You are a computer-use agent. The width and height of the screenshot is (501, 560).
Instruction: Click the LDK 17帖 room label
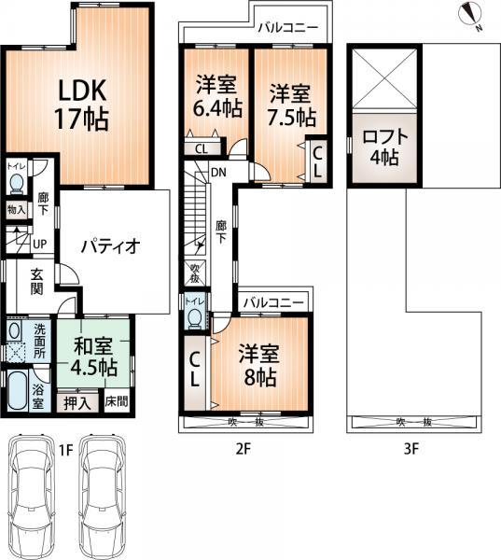[x=83, y=105]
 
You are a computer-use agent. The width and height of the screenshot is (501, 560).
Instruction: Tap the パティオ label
[x=109, y=246]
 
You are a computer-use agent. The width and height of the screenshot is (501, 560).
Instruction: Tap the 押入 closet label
[x=77, y=403]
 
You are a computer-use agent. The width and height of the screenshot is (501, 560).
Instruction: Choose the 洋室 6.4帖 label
[x=215, y=96]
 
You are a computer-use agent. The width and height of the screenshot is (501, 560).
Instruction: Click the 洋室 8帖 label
[x=257, y=366]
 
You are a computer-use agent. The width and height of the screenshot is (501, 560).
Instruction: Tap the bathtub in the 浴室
[x=19, y=392]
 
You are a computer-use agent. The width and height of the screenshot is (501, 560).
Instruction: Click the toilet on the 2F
[x=194, y=317]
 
